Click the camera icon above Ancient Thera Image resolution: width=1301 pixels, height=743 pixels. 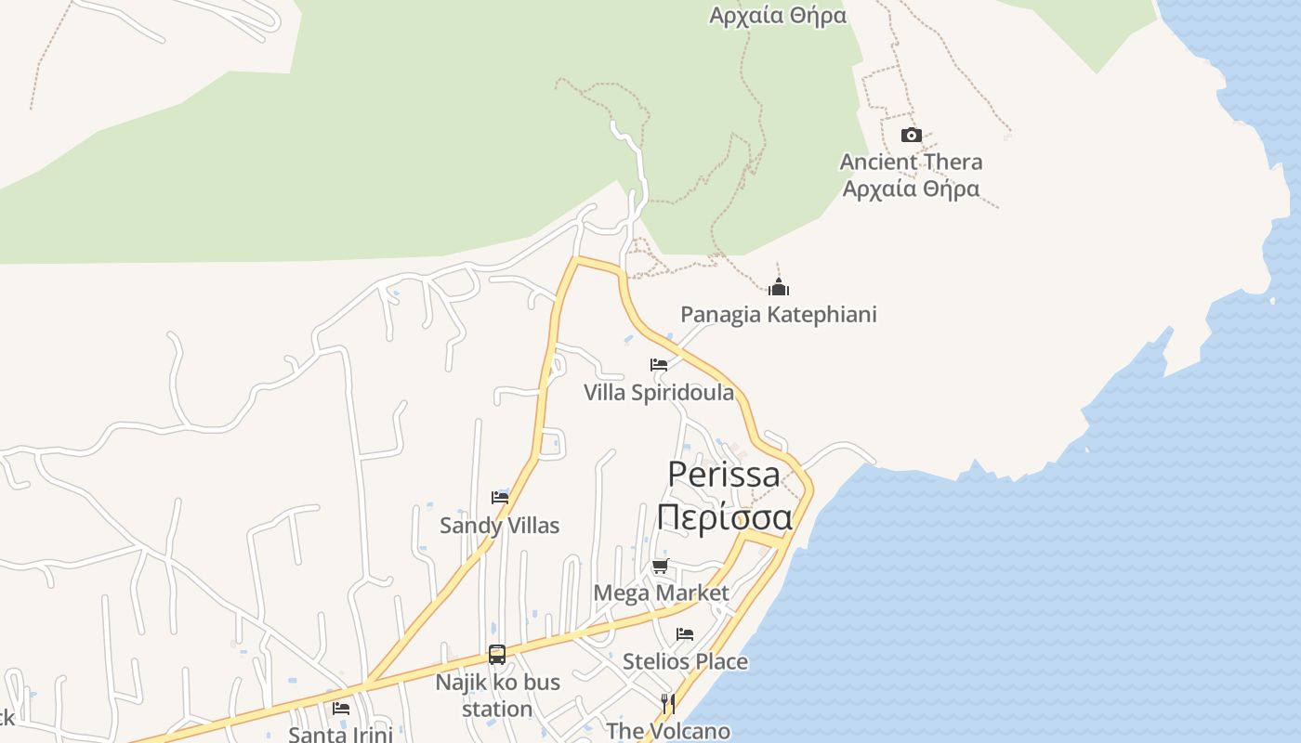(911, 136)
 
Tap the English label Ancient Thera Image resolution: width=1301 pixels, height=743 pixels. (911, 162)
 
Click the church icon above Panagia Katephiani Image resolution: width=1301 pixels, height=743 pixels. (779, 287)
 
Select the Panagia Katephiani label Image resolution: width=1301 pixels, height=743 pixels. (779, 314)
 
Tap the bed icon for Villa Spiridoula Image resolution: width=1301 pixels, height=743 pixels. (659, 365)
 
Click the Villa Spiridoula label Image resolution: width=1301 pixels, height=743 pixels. (659, 392)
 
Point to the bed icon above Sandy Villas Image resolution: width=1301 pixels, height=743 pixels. (500, 498)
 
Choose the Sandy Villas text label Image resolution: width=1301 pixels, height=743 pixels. (500, 526)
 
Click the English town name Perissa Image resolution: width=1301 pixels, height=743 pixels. (724, 474)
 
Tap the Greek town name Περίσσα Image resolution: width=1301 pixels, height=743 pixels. (724, 517)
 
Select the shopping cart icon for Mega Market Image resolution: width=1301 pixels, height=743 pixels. (661, 566)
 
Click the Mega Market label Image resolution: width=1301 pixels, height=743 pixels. (661, 593)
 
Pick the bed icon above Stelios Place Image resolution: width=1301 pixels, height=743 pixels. (685, 634)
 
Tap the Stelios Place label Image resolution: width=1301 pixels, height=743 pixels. (685, 661)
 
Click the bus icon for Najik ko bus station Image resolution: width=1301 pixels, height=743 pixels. (497, 655)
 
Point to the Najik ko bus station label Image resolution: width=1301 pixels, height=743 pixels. (497, 696)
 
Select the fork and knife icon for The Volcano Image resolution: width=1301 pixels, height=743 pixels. (668, 703)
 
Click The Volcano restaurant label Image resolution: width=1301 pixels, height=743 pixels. (668, 731)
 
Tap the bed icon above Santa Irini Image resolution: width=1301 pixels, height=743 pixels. (341, 709)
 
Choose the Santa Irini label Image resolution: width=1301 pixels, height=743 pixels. (341, 734)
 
